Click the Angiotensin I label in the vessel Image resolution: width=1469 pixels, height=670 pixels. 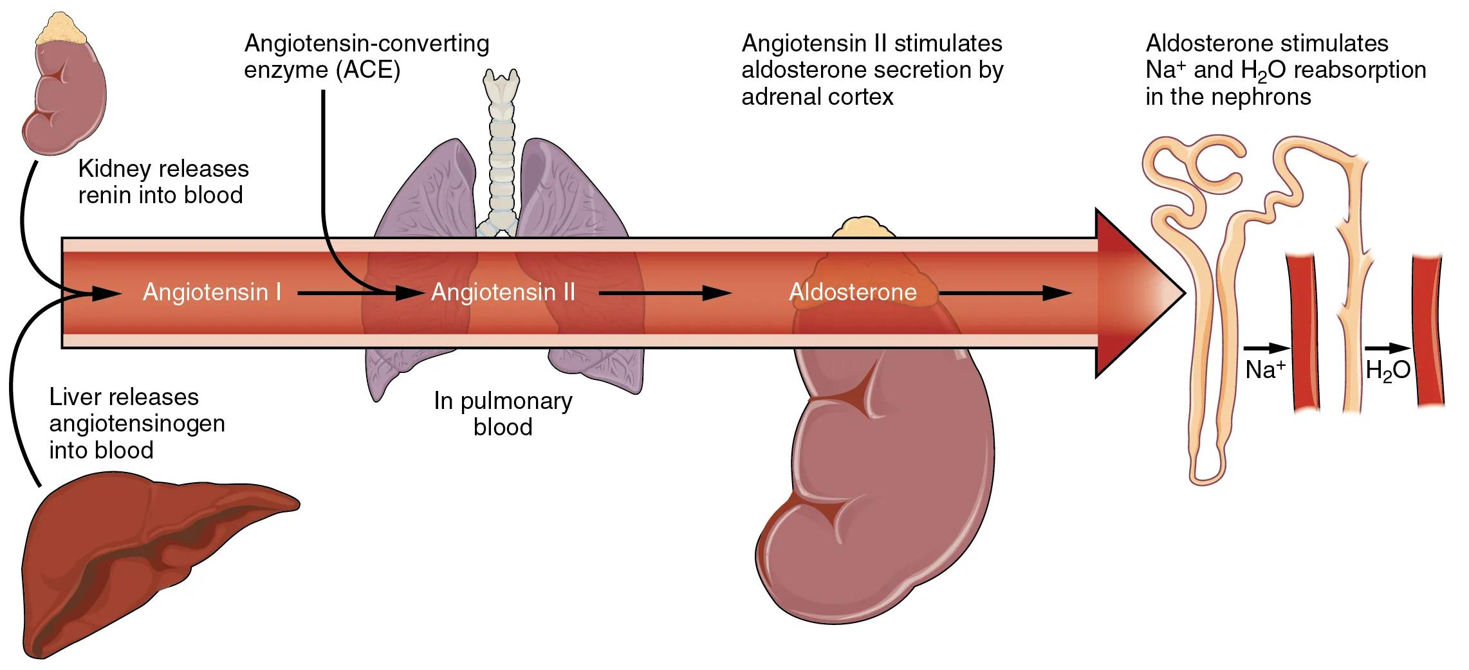(212, 293)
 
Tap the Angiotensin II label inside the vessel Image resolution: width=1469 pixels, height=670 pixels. (503, 293)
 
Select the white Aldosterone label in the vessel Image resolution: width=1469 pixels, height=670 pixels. (853, 293)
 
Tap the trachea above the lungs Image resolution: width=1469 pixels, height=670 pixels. (501, 148)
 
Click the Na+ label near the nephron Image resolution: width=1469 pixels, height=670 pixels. (1265, 370)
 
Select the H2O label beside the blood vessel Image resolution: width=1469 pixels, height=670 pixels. (1387, 370)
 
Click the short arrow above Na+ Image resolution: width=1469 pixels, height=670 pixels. (1266, 349)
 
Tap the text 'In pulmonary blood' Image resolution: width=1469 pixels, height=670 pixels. (503, 413)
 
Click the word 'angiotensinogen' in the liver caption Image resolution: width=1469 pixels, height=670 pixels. (137, 424)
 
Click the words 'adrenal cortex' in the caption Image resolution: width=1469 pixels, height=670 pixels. (817, 97)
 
